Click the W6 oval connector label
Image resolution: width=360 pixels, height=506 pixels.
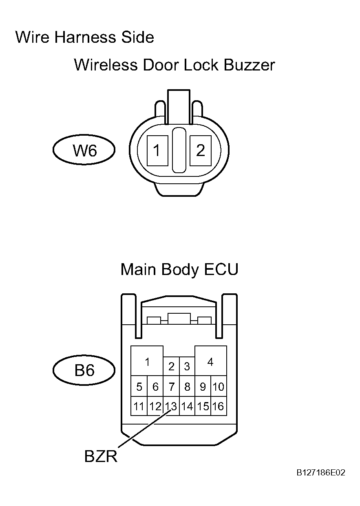click(x=84, y=150)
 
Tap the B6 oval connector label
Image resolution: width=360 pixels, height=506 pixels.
click(x=84, y=370)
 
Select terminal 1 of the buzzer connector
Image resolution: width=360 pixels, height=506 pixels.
click(x=157, y=151)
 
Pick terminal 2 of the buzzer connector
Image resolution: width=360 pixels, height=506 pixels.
click(x=201, y=151)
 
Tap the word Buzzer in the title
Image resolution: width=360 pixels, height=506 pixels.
click(x=249, y=65)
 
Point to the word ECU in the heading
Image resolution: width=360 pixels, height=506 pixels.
click(x=221, y=269)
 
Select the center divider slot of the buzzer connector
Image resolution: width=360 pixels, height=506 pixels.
click(x=179, y=150)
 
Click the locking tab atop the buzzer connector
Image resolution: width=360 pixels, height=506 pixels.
click(x=179, y=107)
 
